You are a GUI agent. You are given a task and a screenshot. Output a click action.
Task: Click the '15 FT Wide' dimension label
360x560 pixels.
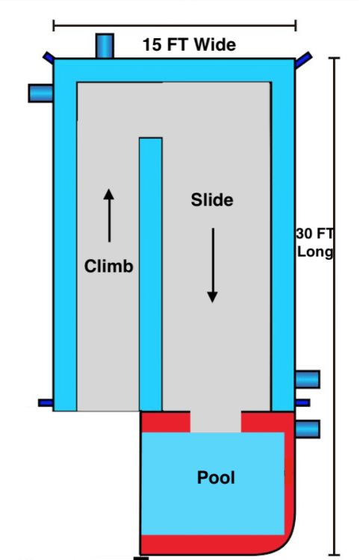click(189, 45)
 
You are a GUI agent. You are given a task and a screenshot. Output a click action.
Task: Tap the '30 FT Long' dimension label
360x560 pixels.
click(314, 243)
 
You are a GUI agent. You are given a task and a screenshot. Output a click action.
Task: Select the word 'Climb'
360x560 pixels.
click(108, 266)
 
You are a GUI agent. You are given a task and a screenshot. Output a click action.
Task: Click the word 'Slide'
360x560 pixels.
click(212, 199)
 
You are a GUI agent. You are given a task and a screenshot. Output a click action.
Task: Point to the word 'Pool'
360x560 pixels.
click(216, 478)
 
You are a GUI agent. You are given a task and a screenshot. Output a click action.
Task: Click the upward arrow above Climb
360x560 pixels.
click(109, 215)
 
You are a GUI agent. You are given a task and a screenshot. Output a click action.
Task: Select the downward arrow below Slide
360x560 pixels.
click(213, 265)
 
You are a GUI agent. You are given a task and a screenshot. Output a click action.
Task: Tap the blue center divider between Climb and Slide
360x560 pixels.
click(151, 274)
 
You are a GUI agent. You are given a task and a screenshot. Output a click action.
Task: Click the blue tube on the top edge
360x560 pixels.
click(105, 46)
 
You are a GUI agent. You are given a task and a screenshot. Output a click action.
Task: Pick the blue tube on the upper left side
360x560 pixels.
click(41, 93)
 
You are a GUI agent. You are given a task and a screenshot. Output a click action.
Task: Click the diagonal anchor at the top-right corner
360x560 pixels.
click(303, 60)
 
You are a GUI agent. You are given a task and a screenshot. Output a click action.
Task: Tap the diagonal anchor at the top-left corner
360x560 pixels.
click(49, 57)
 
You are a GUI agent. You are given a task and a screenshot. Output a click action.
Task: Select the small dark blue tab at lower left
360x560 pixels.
click(46, 403)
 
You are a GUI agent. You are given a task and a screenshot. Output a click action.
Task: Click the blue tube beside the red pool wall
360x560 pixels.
click(308, 429)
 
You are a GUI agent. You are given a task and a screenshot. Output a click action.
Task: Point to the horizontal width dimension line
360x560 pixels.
click(175, 25)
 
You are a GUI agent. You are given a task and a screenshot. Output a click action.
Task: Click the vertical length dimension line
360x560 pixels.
click(335, 306)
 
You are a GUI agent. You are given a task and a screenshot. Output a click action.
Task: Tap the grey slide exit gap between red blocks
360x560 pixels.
click(215, 422)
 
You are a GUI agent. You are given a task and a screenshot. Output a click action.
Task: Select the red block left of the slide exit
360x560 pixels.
click(166, 422)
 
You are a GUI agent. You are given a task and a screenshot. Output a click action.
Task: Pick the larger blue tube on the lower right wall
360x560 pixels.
click(308, 379)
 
